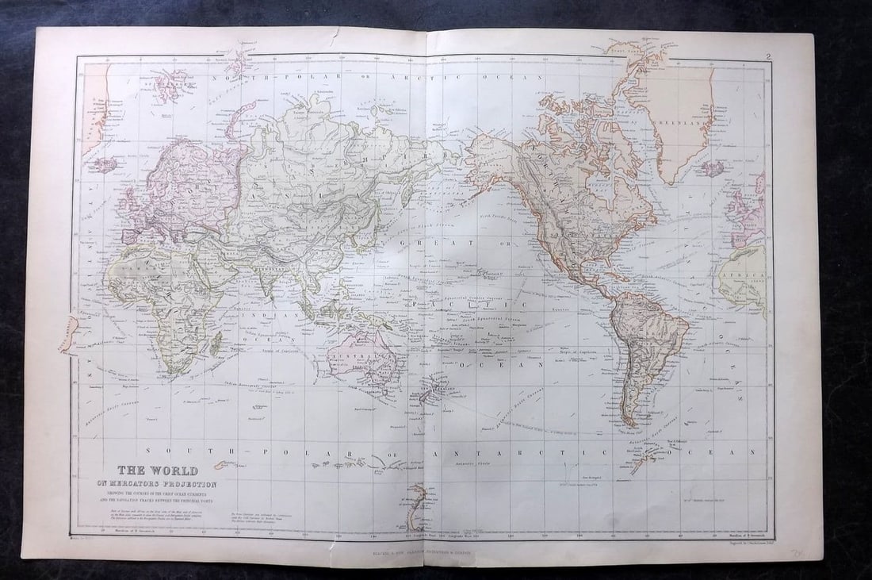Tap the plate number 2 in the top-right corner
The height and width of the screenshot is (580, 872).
(768, 56)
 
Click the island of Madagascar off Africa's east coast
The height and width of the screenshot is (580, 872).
(216, 343)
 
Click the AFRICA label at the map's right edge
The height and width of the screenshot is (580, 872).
(747, 278)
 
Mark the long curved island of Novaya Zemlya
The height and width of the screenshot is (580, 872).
(239, 116)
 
